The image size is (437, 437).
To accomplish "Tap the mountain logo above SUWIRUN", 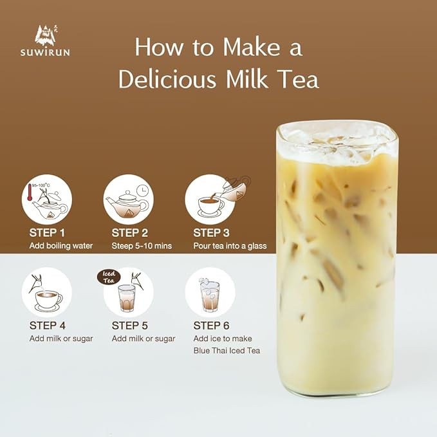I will coord(46,35).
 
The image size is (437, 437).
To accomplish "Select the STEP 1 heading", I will coord(48,232).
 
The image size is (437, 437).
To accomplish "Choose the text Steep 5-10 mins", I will coord(142,246).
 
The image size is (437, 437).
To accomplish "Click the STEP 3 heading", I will coord(212,232).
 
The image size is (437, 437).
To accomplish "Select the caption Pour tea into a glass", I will coord(230,246).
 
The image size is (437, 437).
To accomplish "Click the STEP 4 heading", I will coord(48,325).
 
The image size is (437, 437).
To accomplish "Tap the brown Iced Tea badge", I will coord(109,277).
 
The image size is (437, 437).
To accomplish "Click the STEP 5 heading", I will coord(130,325).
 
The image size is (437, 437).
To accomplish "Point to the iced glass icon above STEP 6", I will coord(210,295).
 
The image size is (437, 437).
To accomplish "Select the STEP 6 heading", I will coord(212,325).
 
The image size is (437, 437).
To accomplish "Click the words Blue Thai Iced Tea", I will coord(227,351).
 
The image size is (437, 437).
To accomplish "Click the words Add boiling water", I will coord(61,246).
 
